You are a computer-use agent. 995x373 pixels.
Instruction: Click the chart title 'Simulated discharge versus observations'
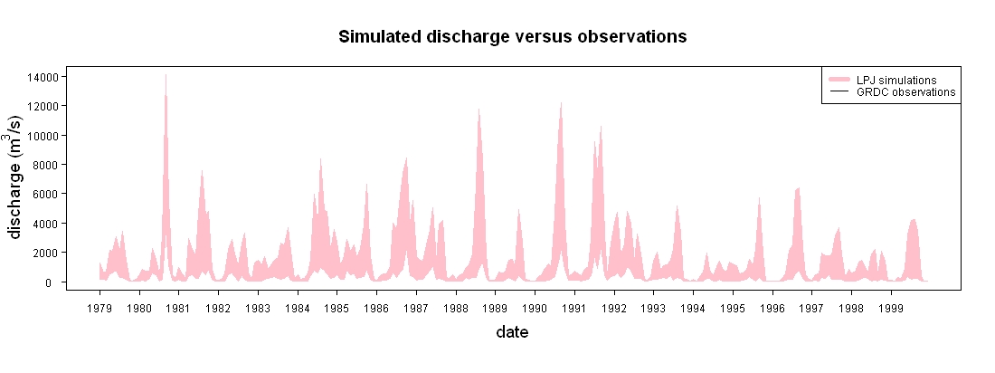[512, 37]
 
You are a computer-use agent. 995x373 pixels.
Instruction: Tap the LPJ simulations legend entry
[892, 80]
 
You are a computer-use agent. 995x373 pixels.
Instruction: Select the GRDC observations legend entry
[892, 92]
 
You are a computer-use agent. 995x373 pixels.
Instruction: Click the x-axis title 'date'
[512, 331]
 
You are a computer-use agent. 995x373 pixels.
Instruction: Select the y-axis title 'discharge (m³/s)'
[16, 177]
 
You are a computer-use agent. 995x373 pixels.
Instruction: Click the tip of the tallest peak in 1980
[166, 74]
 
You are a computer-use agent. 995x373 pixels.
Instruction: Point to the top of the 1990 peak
[561, 102]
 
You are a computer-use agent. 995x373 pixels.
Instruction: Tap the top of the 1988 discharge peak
[479, 109]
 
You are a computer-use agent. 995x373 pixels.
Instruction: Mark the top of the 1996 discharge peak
[799, 188]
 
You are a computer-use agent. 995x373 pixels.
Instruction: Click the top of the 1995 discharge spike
[759, 197]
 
